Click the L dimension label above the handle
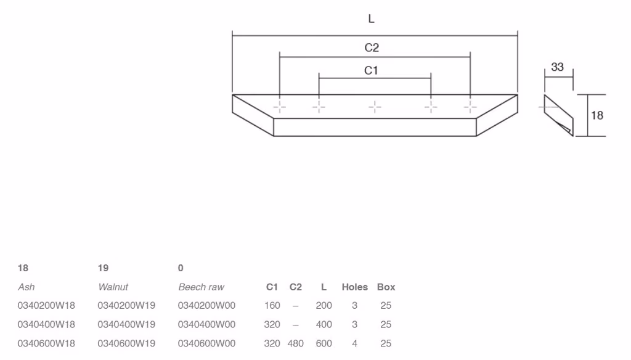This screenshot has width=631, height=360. click(x=371, y=18)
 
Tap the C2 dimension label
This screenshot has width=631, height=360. click(x=372, y=47)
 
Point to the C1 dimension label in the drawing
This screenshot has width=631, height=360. click(x=370, y=70)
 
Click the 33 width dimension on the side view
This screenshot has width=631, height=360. click(x=557, y=67)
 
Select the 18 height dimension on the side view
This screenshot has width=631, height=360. click(x=596, y=115)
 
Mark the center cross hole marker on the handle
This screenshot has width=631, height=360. click(x=375, y=107)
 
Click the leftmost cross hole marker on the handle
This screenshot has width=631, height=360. click(x=279, y=107)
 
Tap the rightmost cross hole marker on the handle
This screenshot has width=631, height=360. click(x=470, y=107)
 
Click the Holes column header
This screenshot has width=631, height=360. click(x=354, y=287)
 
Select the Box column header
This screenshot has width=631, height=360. click(x=386, y=287)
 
